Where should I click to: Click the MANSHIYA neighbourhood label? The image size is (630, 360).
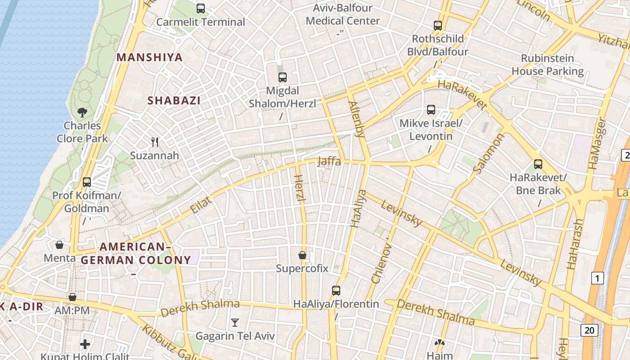tap(150, 57)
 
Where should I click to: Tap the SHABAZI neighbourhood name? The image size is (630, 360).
tap(174, 100)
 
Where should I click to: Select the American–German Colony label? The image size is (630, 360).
tap(136, 253)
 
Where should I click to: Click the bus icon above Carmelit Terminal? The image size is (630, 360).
tap(201, 8)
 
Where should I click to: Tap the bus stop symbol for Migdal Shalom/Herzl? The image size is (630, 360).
tap(283, 77)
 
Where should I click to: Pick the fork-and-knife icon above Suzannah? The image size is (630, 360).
tap(155, 142)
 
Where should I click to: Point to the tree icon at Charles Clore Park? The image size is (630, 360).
tap(82, 112)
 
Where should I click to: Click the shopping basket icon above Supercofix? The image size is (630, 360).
tap(302, 255)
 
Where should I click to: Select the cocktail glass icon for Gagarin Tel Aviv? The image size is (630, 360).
tap(234, 322)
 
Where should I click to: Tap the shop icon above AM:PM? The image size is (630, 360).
tap(72, 297)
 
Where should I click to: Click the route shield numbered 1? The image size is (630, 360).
tap(597, 279)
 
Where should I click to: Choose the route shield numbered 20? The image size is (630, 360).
tap(589, 330)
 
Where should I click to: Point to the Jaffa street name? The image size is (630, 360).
tap(329, 161)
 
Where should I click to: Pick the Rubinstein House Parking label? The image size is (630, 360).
tap(548, 65)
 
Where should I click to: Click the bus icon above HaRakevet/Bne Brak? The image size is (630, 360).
tap(538, 164)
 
